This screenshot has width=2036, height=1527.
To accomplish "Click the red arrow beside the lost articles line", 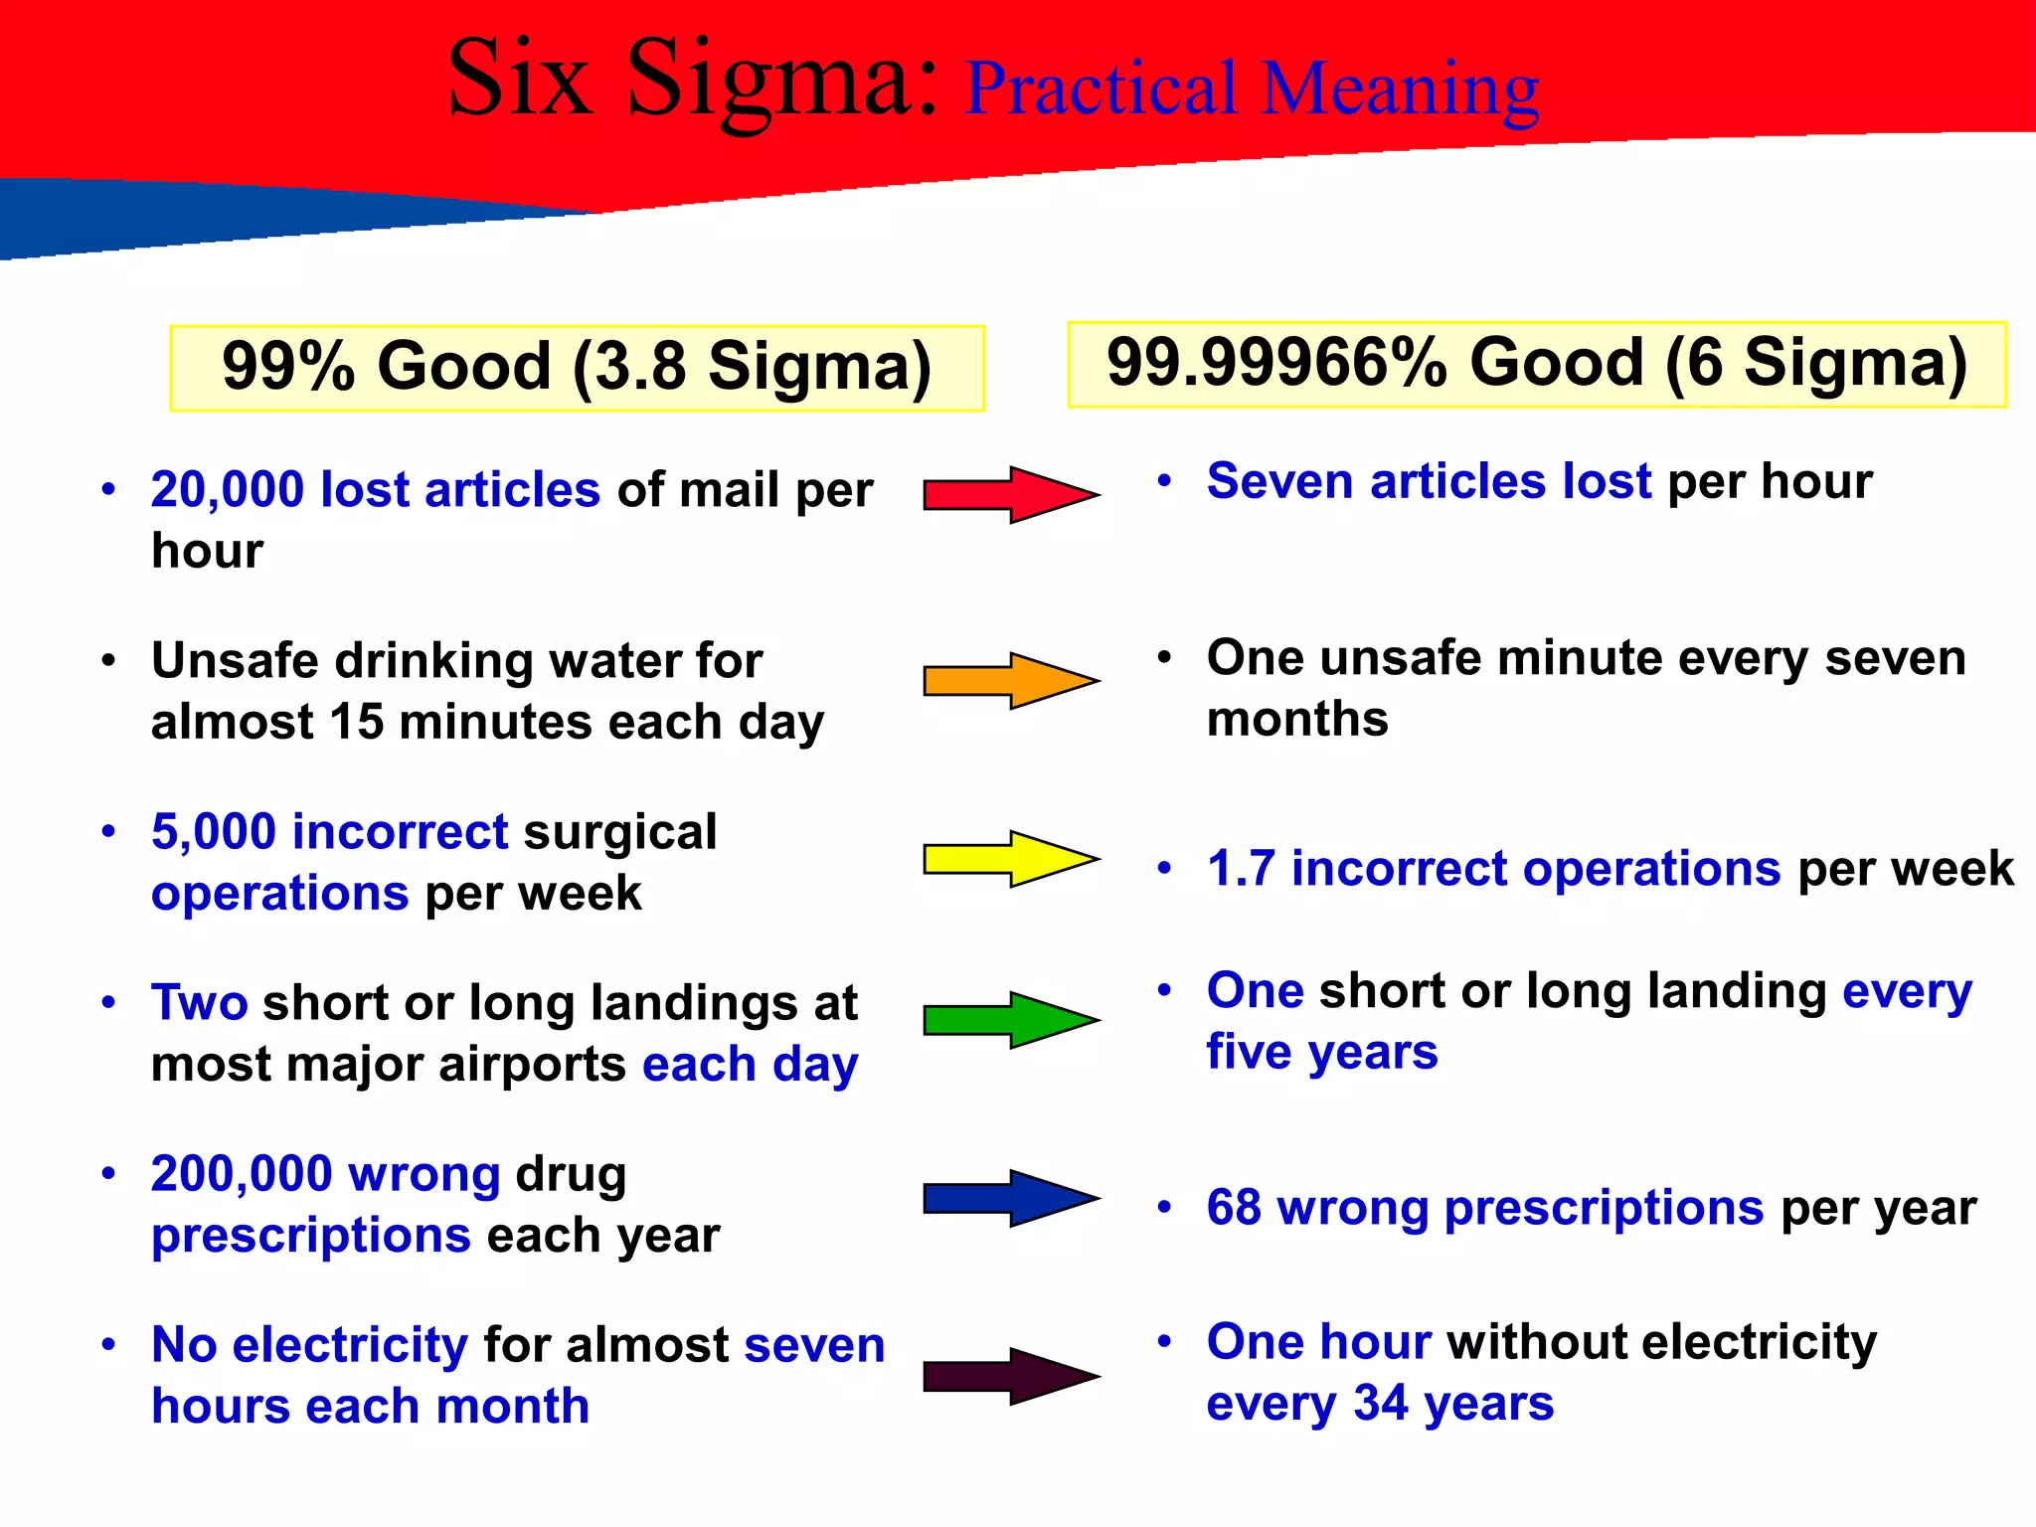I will click(1009, 494).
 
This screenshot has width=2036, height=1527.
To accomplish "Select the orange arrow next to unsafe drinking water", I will click(1009, 681).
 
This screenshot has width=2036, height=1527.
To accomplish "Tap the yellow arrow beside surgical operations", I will click(1009, 859).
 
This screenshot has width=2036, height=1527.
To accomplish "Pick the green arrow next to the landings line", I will click(1009, 1020).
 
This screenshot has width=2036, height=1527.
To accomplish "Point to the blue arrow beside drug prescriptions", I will click(1009, 1198).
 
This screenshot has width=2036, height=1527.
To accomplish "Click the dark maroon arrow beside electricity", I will click(1009, 1376).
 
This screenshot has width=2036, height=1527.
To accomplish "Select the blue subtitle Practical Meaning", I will click(1252, 89).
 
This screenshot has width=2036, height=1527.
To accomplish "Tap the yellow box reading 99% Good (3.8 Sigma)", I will click(577, 367).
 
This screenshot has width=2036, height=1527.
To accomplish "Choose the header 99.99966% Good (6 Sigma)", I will click(1536, 364).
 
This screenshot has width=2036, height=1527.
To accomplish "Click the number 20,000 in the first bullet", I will click(228, 490).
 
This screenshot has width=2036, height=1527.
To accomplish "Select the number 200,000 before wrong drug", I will click(242, 1174).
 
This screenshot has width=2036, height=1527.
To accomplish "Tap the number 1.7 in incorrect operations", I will click(1241, 869).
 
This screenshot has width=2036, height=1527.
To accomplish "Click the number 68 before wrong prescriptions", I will click(1234, 1209).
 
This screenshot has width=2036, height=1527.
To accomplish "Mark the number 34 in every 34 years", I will click(1382, 1404).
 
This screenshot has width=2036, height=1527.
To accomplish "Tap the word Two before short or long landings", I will click(199, 1003).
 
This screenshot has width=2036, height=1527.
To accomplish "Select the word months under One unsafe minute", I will click(1296, 720).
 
